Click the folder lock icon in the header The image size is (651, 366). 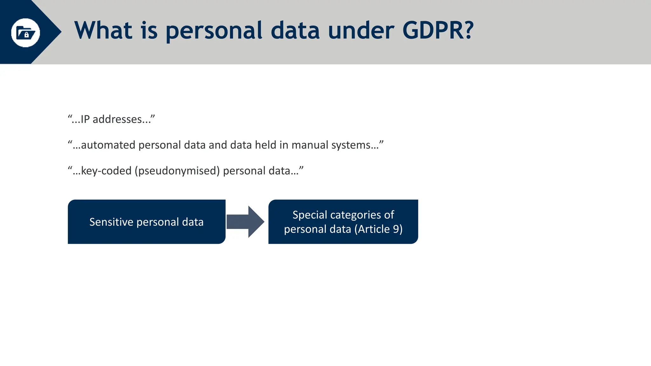(x=25, y=33)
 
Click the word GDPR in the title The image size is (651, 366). (x=438, y=30)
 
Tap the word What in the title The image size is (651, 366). (x=103, y=30)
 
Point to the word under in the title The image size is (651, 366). (x=361, y=30)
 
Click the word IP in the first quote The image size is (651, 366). (x=85, y=119)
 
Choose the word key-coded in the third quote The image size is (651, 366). (x=106, y=171)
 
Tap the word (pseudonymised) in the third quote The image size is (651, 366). (x=177, y=171)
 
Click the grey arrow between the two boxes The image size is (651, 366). (x=245, y=222)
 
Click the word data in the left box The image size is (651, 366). (x=193, y=222)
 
